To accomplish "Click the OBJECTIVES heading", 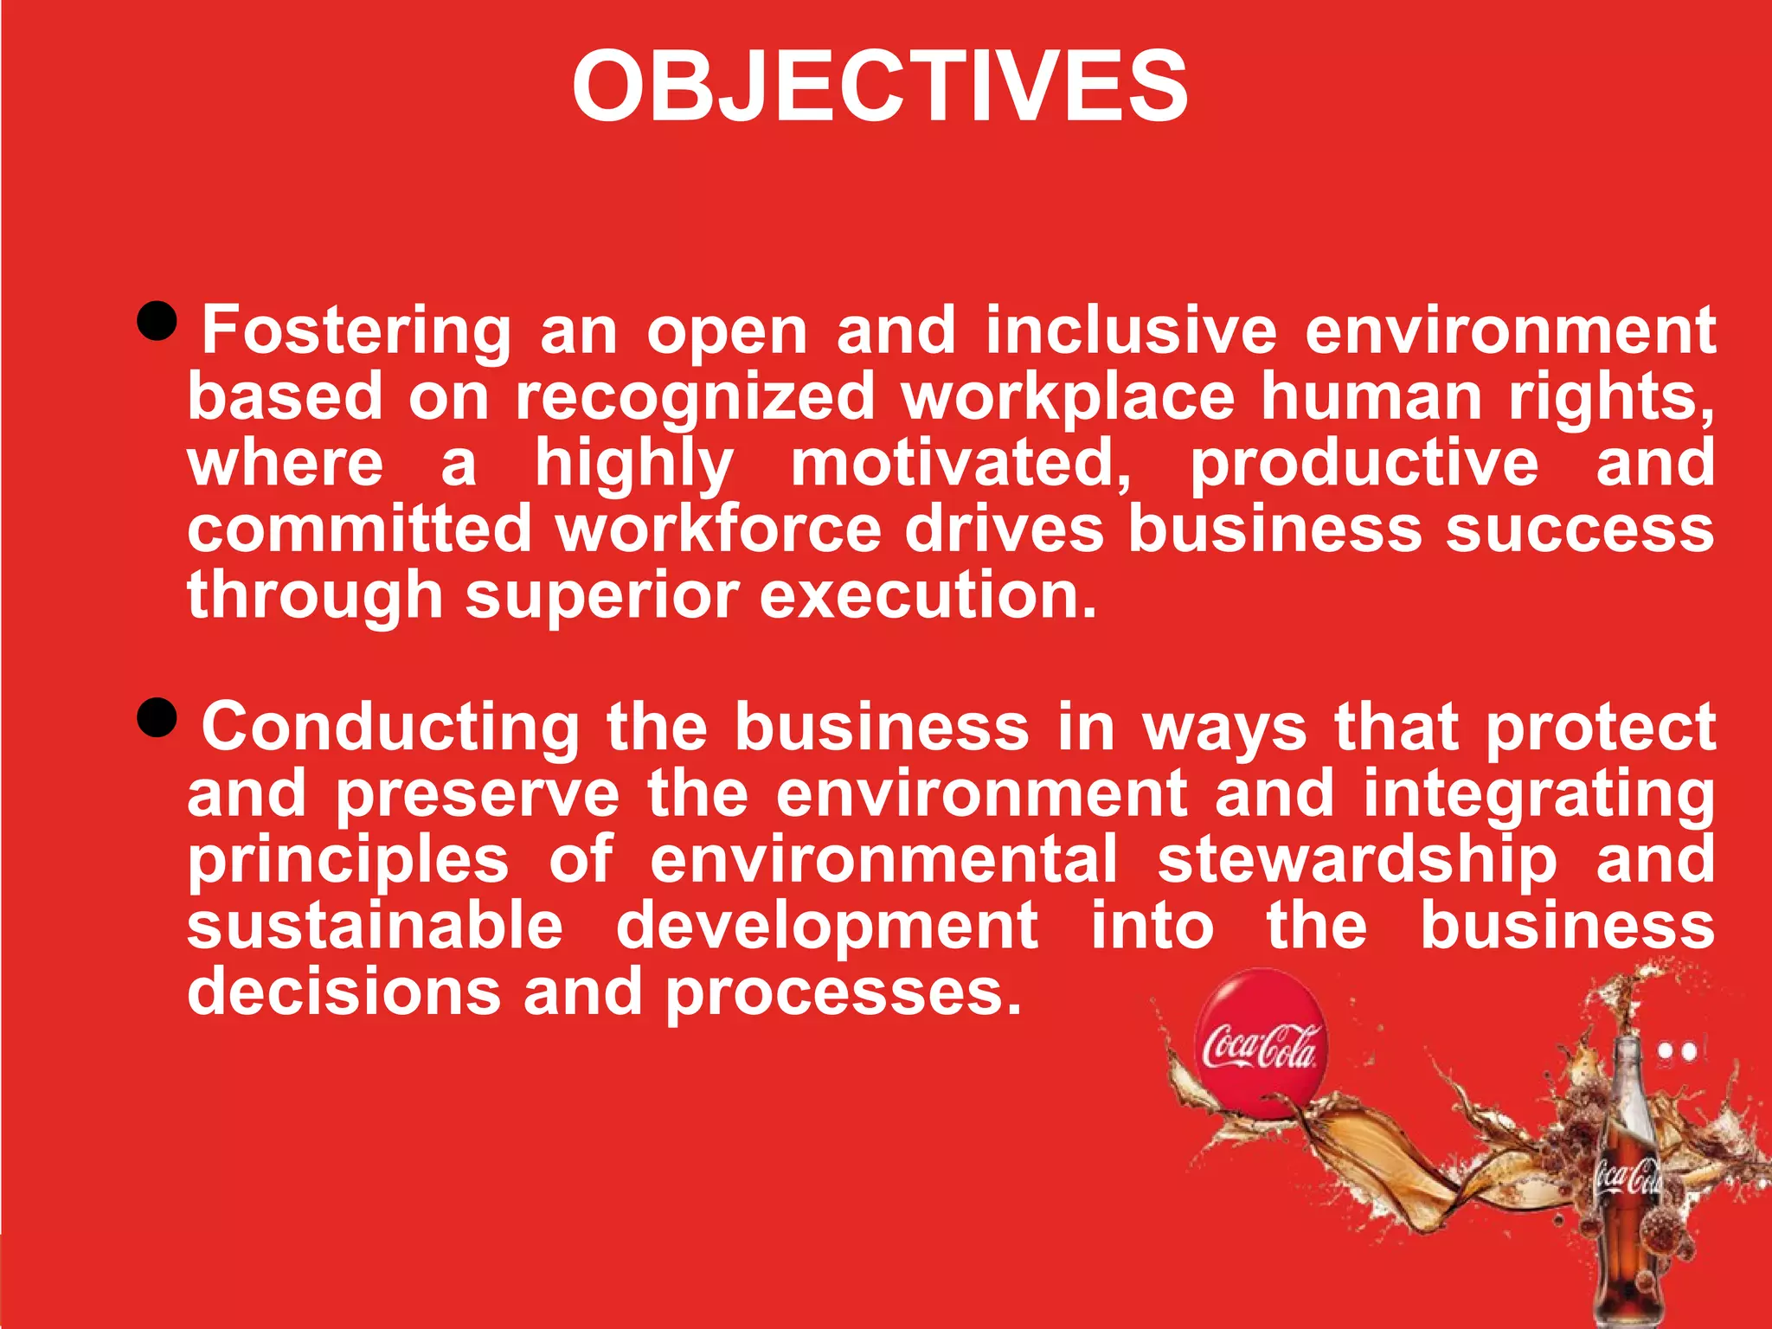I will click(880, 87).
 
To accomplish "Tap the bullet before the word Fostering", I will click(157, 322).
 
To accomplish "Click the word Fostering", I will click(356, 331).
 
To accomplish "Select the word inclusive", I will click(1131, 331).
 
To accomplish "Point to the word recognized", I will click(695, 397).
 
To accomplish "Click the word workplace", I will click(1068, 397).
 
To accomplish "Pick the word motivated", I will click(960, 463).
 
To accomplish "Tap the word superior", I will click(601, 597).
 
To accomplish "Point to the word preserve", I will click(478, 794).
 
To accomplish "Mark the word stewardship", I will click(1357, 861).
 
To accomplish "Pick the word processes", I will click(844, 993).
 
